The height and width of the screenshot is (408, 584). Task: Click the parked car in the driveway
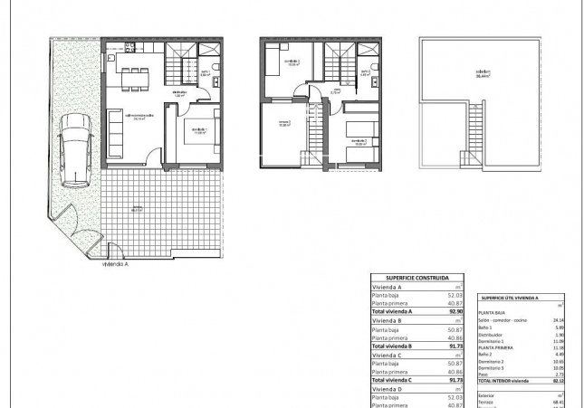click(74, 150)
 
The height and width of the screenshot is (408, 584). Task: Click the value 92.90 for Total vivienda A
click(455, 311)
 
